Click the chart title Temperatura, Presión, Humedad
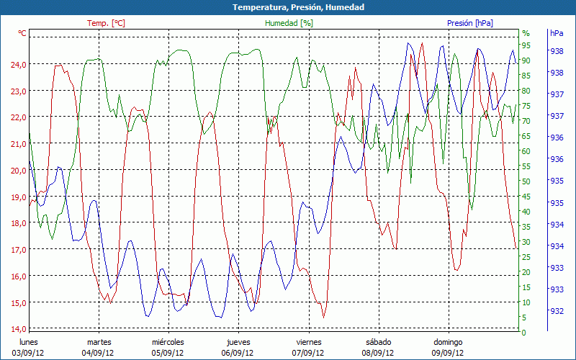(x=288, y=7)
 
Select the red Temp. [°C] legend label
(x=106, y=23)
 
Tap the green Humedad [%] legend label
(x=289, y=23)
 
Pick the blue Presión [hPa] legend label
(x=470, y=23)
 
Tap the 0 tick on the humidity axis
(x=524, y=333)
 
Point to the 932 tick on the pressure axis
(x=556, y=311)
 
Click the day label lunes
(x=28, y=342)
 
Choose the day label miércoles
(x=168, y=342)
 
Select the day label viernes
(x=309, y=342)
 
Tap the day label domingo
(x=448, y=342)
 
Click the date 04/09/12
(x=98, y=353)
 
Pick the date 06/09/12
(x=238, y=353)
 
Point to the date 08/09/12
(x=378, y=353)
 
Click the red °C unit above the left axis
(x=22, y=33)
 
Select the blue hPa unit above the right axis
(x=556, y=33)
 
